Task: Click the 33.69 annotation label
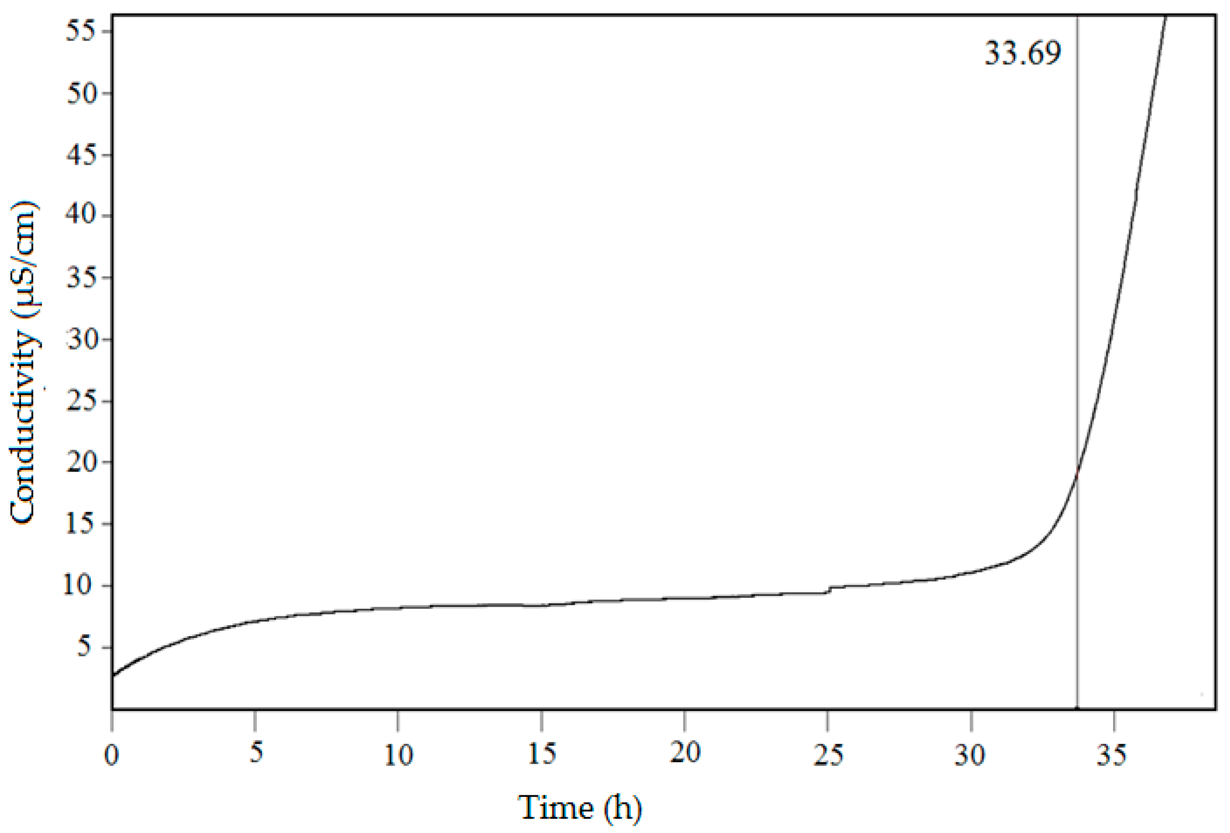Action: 1023,54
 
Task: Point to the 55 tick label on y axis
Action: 80,32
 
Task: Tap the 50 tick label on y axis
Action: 80,94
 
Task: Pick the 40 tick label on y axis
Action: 80,216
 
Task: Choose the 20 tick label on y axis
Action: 80,462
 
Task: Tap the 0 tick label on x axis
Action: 112,755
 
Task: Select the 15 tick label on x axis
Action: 542,755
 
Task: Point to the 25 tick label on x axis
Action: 828,755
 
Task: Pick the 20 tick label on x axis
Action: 685,755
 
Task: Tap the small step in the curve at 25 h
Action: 829,590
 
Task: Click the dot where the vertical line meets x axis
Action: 1077,708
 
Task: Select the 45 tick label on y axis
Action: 80,155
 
